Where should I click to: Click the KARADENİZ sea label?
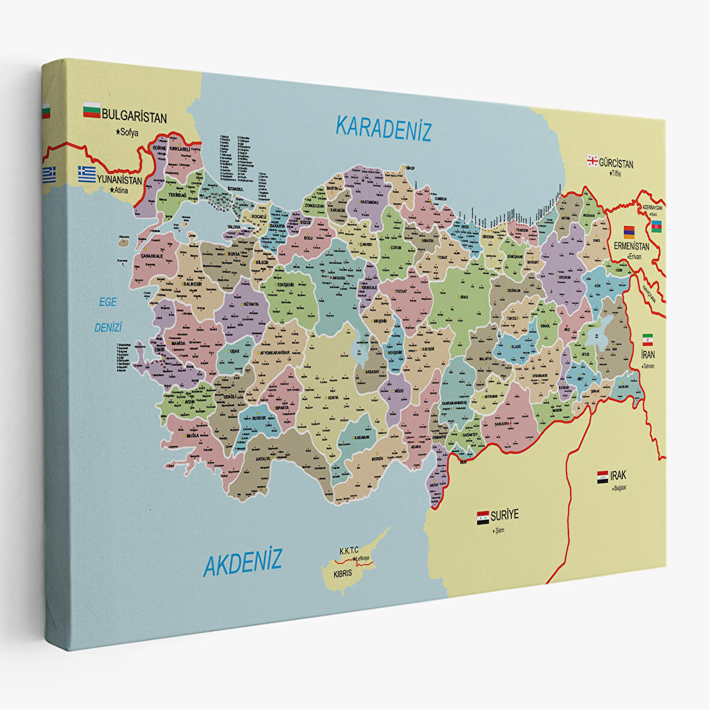(x=383, y=129)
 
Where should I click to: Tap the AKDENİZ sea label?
(x=243, y=562)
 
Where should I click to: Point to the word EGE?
(x=108, y=303)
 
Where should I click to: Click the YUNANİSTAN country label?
(x=120, y=180)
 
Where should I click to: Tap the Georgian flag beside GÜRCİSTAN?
(x=592, y=160)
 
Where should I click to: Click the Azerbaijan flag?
(x=657, y=226)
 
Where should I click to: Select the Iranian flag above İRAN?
(x=647, y=339)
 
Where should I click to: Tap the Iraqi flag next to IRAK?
(x=603, y=477)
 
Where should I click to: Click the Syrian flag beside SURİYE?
(x=483, y=517)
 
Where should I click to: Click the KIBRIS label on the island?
(x=342, y=573)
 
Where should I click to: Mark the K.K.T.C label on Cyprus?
(x=348, y=550)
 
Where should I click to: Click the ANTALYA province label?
(x=263, y=459)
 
